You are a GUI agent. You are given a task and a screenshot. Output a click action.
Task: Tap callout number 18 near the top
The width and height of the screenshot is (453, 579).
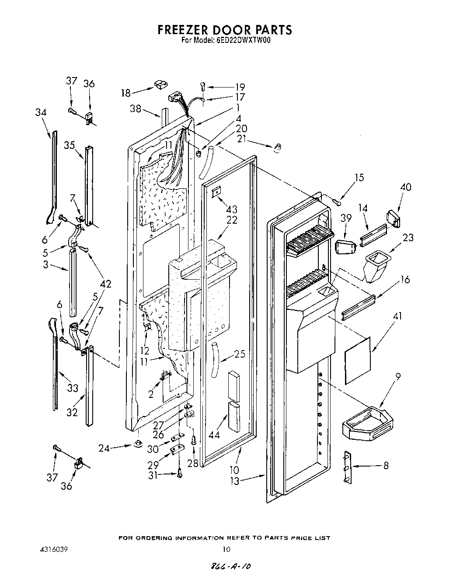(x=126, y=92)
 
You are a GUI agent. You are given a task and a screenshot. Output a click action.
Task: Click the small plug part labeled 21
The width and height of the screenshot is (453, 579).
(x=276, y=149)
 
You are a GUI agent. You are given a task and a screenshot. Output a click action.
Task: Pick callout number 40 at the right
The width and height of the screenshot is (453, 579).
(x=405, y=187)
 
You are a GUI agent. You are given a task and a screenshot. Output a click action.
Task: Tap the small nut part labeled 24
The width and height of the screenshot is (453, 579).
(x=138, y=444)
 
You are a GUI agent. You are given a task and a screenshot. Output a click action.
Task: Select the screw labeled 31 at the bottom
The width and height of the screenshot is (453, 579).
(x=180, y=472)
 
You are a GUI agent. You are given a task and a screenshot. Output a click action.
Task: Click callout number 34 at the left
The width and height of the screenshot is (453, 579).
(x=41, y=112)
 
